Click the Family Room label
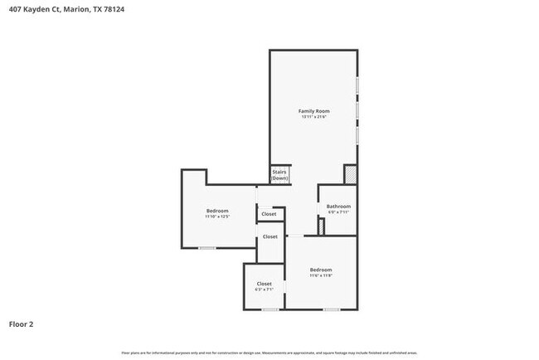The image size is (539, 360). (314, 110)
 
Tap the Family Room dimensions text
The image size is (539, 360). (314, 117)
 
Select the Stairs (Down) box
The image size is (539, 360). (280, 175)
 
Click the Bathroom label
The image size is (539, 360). (338, 206)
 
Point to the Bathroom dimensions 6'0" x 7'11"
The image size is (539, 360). (338, 212)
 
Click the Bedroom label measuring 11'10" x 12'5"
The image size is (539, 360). (217, 211)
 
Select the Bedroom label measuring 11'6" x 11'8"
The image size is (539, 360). (321, 270)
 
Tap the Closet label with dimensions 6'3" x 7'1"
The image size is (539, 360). (264, 284)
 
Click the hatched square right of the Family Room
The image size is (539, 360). (351, 174)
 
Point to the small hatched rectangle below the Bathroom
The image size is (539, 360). (320, 226)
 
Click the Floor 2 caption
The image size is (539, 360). (22, 324)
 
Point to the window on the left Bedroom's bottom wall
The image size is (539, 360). (207, 248)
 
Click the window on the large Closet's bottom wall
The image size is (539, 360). (270, 309)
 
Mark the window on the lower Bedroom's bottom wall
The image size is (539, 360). (332, 309)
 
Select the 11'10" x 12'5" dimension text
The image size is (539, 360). (217, 217)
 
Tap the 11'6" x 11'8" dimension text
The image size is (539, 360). (321, 276)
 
